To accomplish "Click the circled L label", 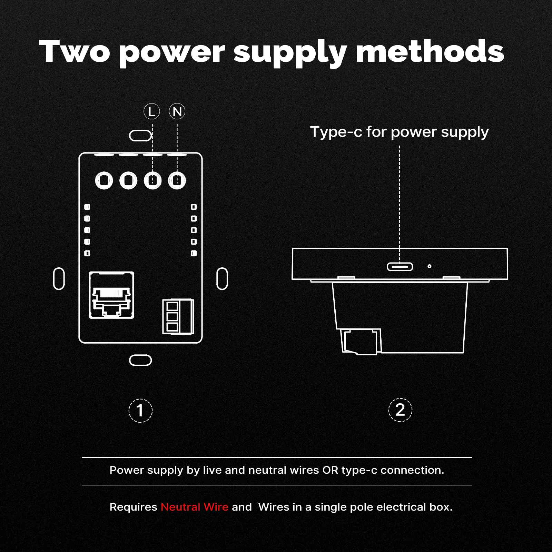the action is pos(151,111).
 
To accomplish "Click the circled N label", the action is pos(177,111).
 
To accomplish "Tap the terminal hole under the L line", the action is pos(153,180).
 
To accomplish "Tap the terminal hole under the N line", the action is pos(177,180).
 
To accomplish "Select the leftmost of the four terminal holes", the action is pos(104,180).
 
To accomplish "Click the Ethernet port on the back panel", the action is pos(111,295).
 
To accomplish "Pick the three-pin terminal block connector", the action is pos(178,316).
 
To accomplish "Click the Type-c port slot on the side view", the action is pos(400,266).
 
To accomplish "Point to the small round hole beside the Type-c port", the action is pos(429,266).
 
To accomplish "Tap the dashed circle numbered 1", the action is pos(140,411).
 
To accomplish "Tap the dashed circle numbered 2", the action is pos(400,410).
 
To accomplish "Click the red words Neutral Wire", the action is pos(195,507).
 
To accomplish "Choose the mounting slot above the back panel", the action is pos(140,136).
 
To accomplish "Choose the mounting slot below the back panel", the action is pos(140,360).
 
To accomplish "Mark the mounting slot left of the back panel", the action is pos(59,278).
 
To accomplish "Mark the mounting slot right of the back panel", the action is pos(222,278).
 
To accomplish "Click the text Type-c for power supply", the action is pos(400,132).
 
